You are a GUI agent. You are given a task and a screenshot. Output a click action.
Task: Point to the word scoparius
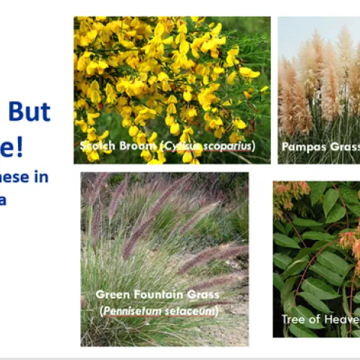pos(229,145)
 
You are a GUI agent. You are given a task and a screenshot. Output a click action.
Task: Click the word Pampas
pos(303,147)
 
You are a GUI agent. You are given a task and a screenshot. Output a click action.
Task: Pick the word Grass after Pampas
pos(343,147)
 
